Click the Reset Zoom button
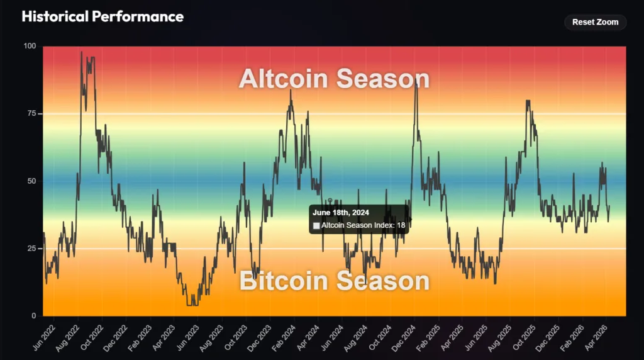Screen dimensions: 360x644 pyautogui.click(x=595, y=22)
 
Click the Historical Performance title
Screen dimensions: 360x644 pyautogui.click(x=103, y=17)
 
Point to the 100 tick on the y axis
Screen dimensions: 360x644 pyautogui.click(x=30, y=47)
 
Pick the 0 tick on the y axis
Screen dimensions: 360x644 pyautogui.click(x=34, y=316)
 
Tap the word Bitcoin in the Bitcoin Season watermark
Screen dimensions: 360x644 pyautogui.click(x=283, y=281)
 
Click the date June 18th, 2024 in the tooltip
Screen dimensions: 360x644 pyautogui.click(x=340, y=213)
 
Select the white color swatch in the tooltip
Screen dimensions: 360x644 pyautogui.click(x=316, y=225)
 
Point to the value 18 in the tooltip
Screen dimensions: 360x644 pyautogui.click(x=401, y=225)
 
